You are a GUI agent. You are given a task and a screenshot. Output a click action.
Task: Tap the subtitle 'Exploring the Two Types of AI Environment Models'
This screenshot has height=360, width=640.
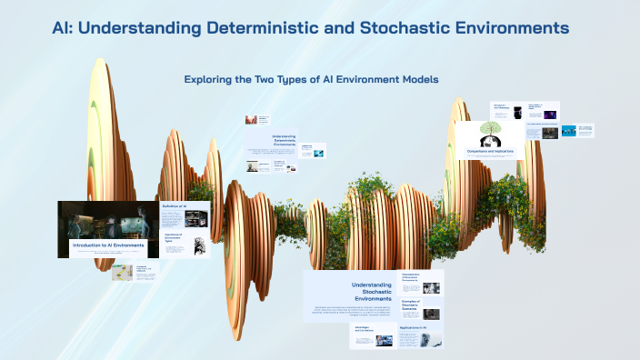[312, 80]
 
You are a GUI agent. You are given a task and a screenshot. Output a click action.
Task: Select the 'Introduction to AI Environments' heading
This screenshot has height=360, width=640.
[107, 246]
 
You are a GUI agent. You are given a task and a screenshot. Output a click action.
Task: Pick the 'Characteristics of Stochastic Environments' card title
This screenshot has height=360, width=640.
[415, 276]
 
